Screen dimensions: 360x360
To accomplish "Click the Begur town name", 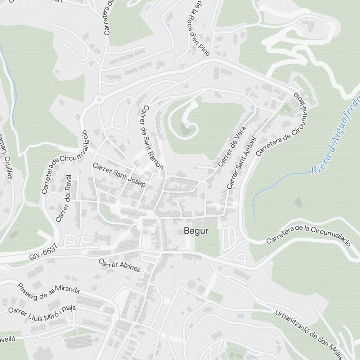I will point(196,231).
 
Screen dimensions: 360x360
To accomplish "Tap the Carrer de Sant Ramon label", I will point(153,137).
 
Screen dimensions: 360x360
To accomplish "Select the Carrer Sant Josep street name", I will point(119,175).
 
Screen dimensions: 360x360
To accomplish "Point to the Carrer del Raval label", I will point(64,198).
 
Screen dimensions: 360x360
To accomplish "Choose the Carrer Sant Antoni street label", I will point(241,163).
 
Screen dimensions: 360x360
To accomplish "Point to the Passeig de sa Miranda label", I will point(49,289).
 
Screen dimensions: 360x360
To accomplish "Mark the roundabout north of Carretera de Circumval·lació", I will point(99,99).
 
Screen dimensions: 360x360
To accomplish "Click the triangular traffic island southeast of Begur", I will point(240,258).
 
